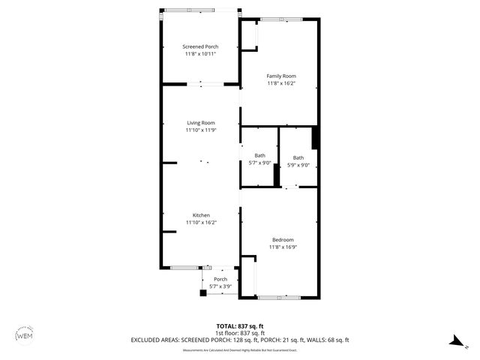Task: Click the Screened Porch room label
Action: pyautogui.click(x=201, y=46)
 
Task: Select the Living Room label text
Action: pyautogui.click(x=201, y=123)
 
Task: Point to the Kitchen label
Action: pyautogui.click(x=201, y=215)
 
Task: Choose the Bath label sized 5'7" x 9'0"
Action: pyautogui.click(x=259, y=156)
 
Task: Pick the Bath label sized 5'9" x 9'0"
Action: pyautogui.click(x=298, y=157)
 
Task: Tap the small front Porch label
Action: pyautogui.click(x=220, y=279)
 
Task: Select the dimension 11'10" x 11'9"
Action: pyautogui.click(x=201, y=130)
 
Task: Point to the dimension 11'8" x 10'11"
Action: pyautogui.click(x=201, y=54)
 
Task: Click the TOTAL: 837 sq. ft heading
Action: pyautogui.click(x=240, y=326)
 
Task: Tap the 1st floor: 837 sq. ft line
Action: pyautogui.click(x=240, y=333)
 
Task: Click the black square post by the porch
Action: pyautogui.click(x=202, y=292)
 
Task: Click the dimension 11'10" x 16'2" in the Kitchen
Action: pyautogui.click(x=201, y=223)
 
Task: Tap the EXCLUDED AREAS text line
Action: pyautogui.click(x=240, y=340)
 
